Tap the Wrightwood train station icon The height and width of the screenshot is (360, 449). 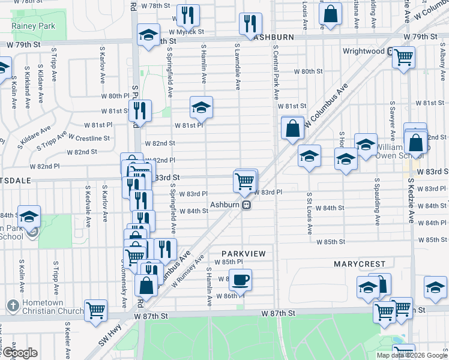tap(390, 52)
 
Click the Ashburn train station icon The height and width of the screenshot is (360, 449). tap(246, 205)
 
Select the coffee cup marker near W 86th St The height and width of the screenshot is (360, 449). tap(240, 280)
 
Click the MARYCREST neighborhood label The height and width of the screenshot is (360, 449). tap(358, 263)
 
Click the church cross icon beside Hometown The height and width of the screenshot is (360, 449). tap(11, 306)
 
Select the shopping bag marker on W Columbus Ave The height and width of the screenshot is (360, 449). tap(292, 128)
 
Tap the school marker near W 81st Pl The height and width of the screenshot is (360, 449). tap(201, 107)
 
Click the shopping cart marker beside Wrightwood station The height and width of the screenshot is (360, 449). tap(403, 58)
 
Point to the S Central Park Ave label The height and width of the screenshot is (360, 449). tap(276, 72)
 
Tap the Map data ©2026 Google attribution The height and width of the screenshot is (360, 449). tap(412, 355)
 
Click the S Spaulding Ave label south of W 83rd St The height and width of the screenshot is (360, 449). tap(377, 201)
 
